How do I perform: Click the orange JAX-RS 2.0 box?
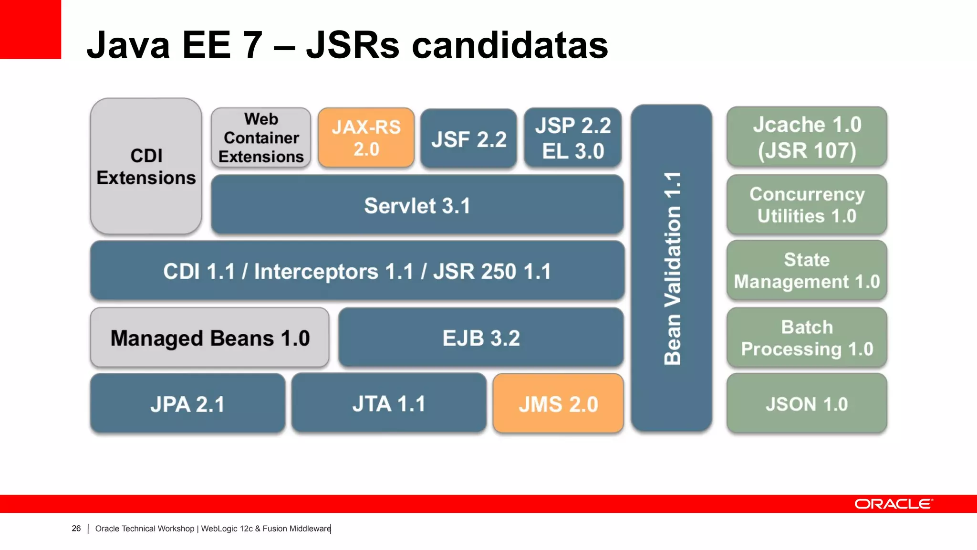[x=366, y=137]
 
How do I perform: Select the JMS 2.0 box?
[x=558, y=404]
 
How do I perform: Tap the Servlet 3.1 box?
[x=417, y=205]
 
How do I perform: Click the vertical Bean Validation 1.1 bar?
[x=671, y=268]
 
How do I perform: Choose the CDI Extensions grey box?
[x=146, y=166]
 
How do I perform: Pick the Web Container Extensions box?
[x=261, y=137]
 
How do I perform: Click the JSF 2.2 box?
[x=468, y=139]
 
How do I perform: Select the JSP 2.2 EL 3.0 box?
[x=572, y=138]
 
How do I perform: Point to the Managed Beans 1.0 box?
[x=210, y=338]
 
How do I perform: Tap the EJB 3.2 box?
[x=481, y=338]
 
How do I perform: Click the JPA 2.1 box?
[x=187, y=404]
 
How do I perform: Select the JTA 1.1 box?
[x=389, y=403]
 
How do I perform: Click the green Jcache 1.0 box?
[x=807, y=137]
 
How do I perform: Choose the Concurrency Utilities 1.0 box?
[x=807, y=205]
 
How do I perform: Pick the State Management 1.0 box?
[x=807, y=270]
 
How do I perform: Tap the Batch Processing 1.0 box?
[x=807, y=338]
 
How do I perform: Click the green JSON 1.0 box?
[x=807, y=404]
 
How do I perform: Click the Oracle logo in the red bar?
[x=893, y=504]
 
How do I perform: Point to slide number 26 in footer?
[x=76, y=529]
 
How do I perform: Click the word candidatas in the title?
[x=509, y=45]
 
